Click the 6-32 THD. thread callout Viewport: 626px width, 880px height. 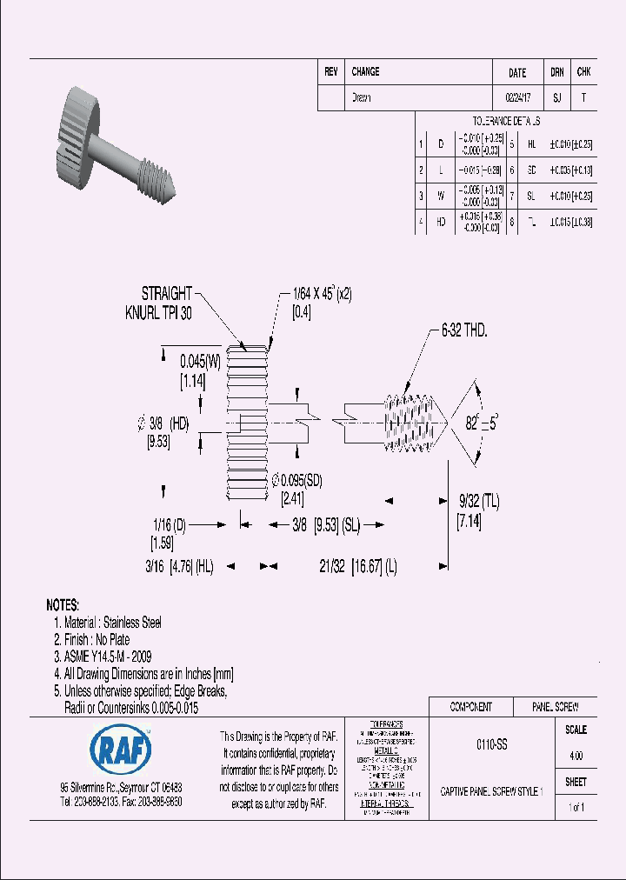point(464,330)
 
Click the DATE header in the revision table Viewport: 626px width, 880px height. point(516,73)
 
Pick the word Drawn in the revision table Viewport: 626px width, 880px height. point(361,98)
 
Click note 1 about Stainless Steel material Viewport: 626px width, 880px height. point(107,623)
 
